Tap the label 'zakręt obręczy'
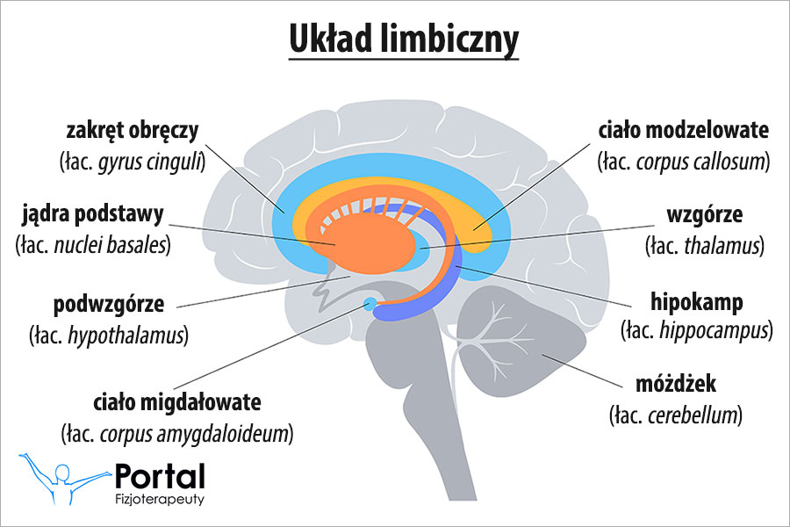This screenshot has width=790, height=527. click(x=133, y=132)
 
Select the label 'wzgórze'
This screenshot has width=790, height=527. click(x=706, y=216)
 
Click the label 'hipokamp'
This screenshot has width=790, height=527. click(x=697, y=302)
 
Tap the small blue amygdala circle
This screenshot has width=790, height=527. click(x=370, y=305)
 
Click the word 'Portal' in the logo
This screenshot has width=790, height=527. click(x=161, y=477)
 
